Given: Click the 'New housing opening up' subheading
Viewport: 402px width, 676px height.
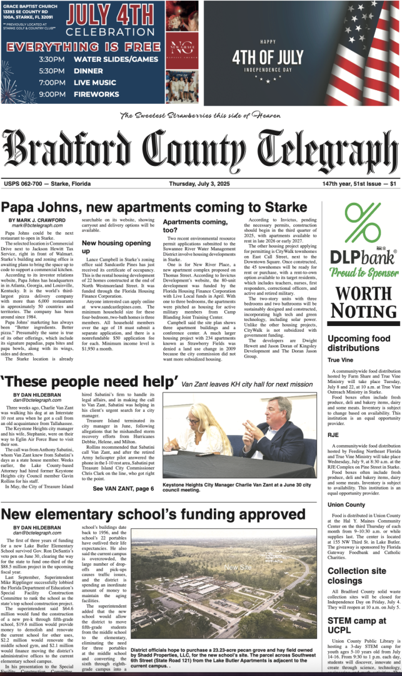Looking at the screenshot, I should (x=107, y=246).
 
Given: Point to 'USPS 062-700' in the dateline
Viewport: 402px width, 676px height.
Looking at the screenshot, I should (x=24, y=184).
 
